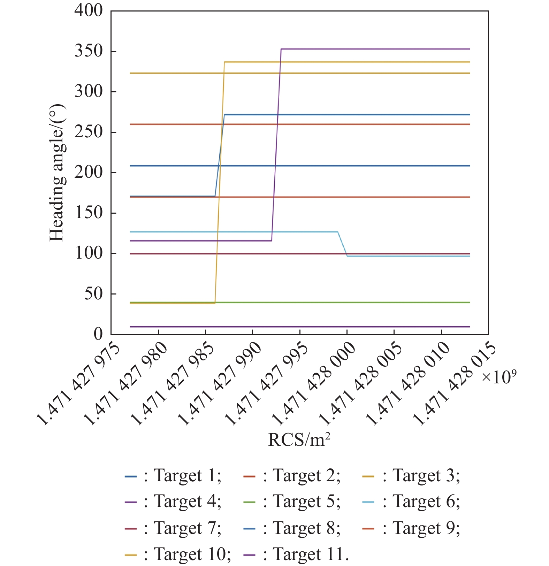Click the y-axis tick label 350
89,51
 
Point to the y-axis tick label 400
89,10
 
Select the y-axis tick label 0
98,334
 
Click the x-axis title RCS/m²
299,440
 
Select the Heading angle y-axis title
57,173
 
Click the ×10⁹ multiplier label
499,377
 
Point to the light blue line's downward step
342,244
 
